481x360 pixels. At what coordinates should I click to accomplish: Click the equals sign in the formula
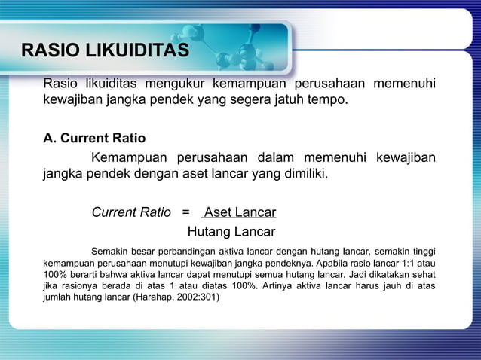pos(186,212)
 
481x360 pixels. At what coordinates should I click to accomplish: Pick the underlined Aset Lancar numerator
pos(240,212)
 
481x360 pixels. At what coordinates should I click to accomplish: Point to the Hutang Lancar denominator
pos(231,231)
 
